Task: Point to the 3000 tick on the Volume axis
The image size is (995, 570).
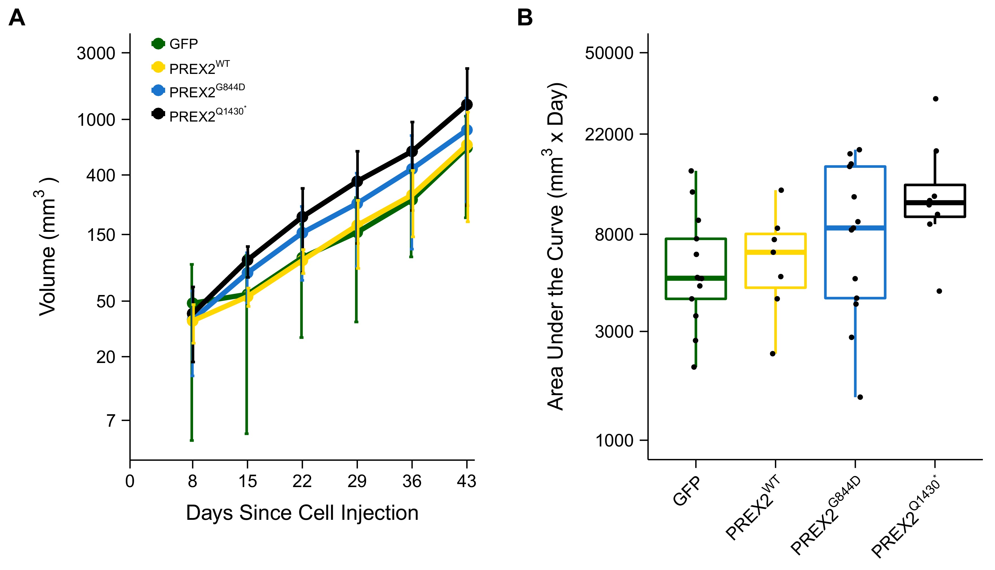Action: click(96, 53)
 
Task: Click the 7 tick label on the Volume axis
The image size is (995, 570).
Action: click(111, 421)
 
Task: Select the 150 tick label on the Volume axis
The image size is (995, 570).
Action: click(101, 235)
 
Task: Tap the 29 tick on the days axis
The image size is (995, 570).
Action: click(357, 481)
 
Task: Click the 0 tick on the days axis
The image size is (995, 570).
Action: click(130, 481)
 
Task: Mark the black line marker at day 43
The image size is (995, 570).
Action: click(467, 105)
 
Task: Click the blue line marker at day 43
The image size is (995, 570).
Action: click(467, 130)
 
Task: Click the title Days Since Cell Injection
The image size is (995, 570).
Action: click(302, 513)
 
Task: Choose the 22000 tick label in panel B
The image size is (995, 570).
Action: click(609, 135)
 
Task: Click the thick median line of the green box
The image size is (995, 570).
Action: click(696, 278)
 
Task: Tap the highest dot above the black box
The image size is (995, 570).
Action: click(935, 99)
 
